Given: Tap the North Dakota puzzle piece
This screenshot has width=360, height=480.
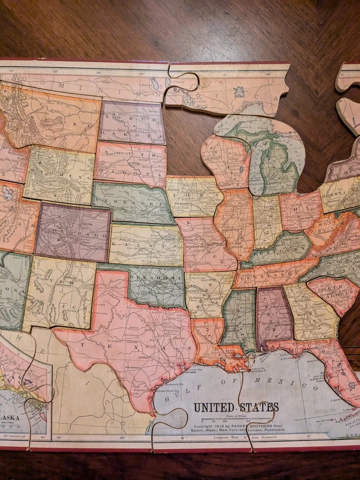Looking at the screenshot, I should point(131,122).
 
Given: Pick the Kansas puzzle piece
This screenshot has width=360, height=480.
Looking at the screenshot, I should point(145,244).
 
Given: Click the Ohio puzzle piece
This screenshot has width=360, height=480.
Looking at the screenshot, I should point(300,210).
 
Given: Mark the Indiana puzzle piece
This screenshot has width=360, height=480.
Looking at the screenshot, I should point(267,220).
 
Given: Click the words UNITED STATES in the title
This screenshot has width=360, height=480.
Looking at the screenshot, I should point(236,407).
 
